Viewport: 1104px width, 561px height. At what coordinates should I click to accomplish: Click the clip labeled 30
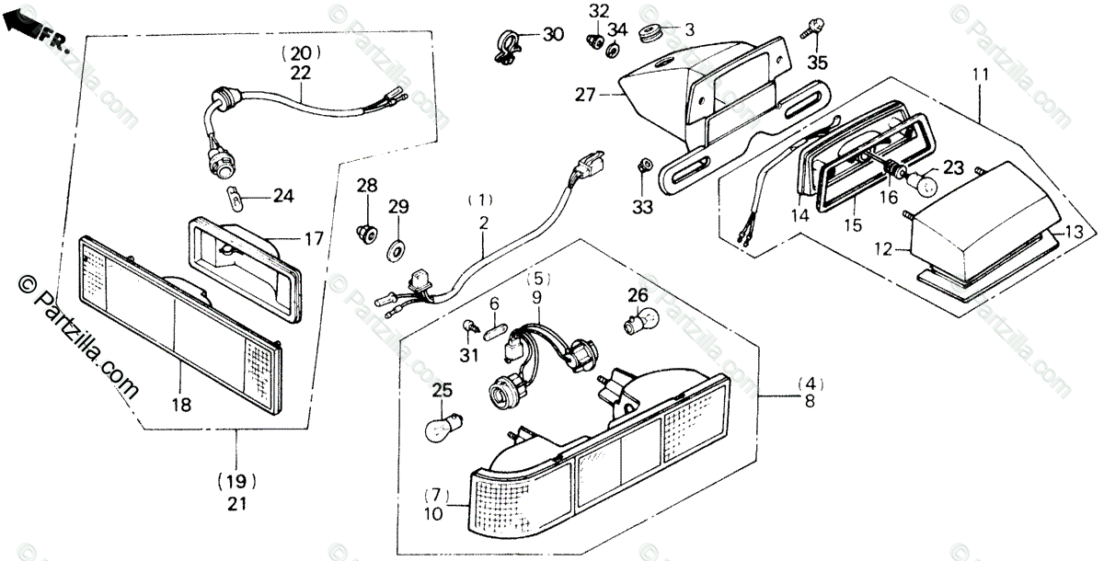(507, 44)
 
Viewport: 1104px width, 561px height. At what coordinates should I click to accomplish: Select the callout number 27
(586, 94)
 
